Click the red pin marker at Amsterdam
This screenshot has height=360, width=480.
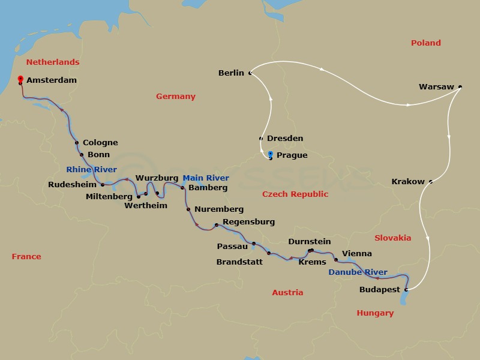[20, 79]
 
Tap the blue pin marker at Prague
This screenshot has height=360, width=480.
[270, 155]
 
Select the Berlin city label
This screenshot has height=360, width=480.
[231, 73]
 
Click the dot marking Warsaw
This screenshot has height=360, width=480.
[460, 87]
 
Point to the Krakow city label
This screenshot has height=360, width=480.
[407, 181]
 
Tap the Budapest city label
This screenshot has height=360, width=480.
[379, 290]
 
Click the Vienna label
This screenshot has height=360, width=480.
[356, 254]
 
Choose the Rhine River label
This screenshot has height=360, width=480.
[92, 170]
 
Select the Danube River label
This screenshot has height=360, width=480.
[358, 272]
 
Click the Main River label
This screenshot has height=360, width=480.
[206, 178]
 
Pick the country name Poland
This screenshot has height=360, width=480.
[425, 43]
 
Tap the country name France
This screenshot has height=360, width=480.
[26, 257]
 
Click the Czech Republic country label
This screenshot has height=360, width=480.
[295, 194]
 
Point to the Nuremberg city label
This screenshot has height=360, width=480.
[218, 209]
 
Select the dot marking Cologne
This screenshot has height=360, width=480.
[77, 143]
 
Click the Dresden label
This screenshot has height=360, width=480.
[284, 139]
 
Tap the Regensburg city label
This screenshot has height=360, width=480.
[248, 222]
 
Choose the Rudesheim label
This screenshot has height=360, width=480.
[72, 185]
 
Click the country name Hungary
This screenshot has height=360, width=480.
[375, 313]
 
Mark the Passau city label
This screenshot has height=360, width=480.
[232, 246]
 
